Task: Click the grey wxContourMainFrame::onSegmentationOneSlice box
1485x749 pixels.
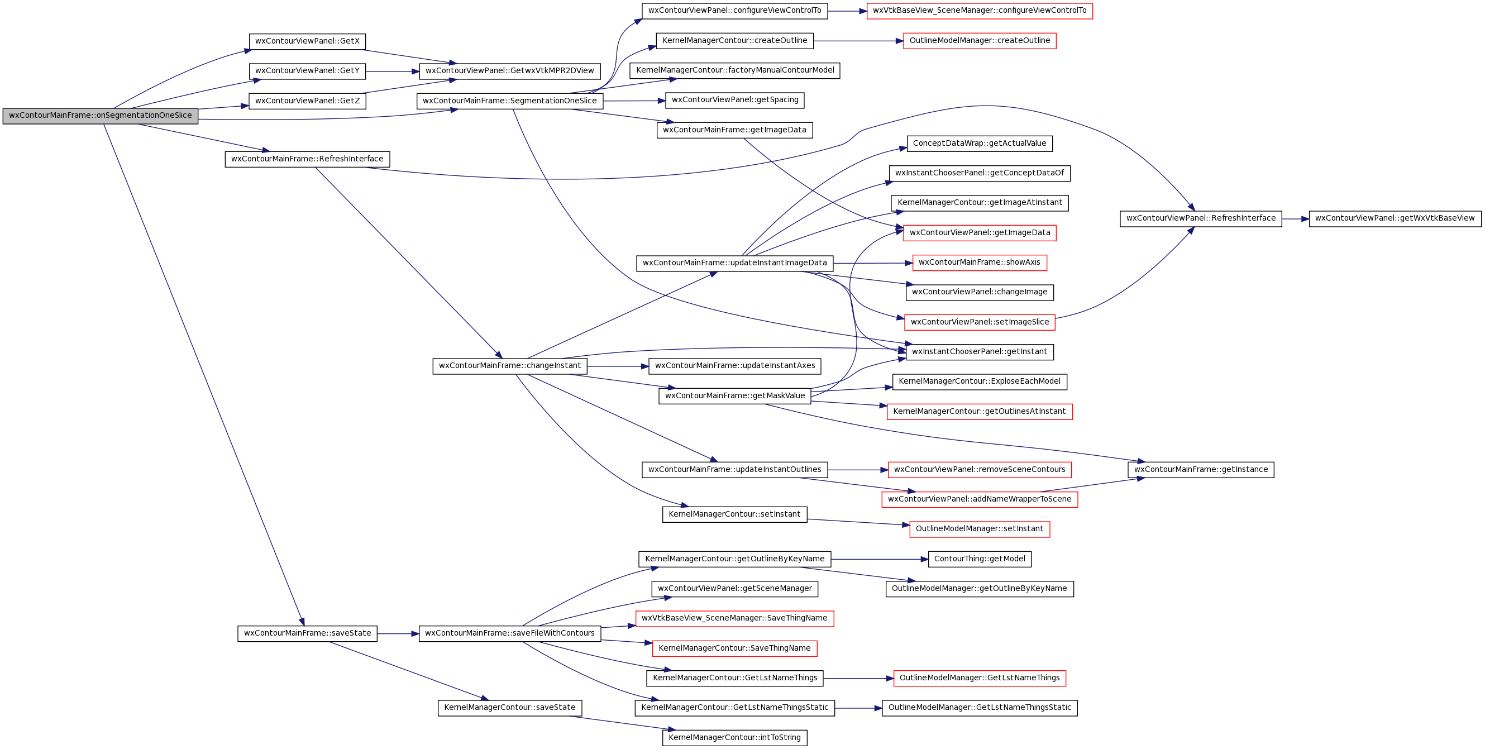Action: pyautogui.click(x=101, y=115)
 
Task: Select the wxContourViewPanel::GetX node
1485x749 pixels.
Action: pyautogui.click(x=307, y=41)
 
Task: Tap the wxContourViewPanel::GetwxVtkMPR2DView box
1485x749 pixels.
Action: pyautogui.click(x=509, y=71)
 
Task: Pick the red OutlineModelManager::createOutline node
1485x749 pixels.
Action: pyautogui.click(x=980, y=41)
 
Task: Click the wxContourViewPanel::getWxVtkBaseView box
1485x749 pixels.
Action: pyautogui.click(x=1395, y=218)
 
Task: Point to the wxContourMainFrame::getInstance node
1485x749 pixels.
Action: pyautogui.click(x=1201, y=470)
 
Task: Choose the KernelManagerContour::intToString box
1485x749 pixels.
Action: pyautogui.click(x=734, y=737)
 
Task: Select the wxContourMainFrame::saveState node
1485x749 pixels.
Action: pyautogui.click(x=307, y=633)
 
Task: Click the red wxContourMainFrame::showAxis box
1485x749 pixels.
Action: pyautogui.click(x=980, y=263)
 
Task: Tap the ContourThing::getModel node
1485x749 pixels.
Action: pyautogui.click(x=980, y=559)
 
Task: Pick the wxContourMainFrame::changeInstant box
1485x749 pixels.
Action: pyautogui.click(x=509, y=366)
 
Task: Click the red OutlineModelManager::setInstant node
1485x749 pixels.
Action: pyautogui.click(x=980, y=529)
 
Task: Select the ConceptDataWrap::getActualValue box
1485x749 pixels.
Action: pyautogui.click(x=980, y=144)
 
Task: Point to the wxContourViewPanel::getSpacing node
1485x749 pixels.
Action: pyautogui.click(x=734, y=101)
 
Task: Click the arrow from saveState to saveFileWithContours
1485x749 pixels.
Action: pyautogui.click(x=398, y=634)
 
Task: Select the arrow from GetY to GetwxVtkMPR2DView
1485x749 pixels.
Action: pyautogui.click(x=393, y=71)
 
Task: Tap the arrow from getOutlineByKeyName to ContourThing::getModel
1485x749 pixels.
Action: pyautogui.click(x=880, y=559)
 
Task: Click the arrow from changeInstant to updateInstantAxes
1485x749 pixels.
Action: pyautogui.click(x=618, y=366)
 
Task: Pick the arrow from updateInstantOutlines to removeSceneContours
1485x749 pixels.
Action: pyautogui.click(x=858, y=470)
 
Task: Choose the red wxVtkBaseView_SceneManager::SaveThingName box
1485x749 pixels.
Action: pyautogui.click(x=734, y=619)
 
